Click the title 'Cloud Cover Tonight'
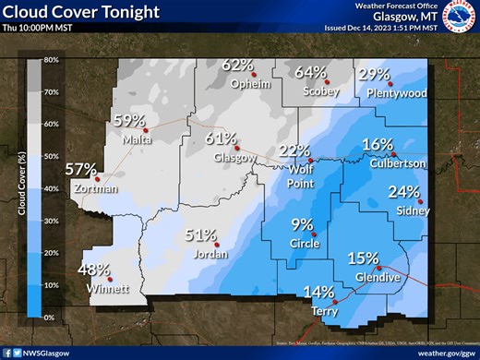[x=80, y=11]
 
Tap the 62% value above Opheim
[x=237, y=65]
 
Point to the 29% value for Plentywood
[x=374, y=74]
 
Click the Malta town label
[x=136, y=139]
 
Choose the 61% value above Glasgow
[x=222, y=138]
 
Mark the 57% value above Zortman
[x=80, y=169]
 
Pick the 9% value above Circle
[x=302, y=223]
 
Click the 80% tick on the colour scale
[x=52, y=60]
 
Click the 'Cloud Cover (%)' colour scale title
[x=18, y=188]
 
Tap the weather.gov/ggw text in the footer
[x=441, y=352]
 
